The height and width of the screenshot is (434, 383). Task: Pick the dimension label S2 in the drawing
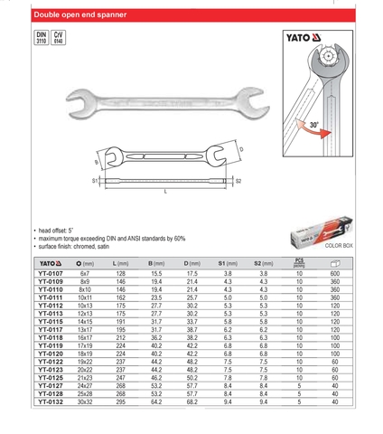tap(239, 181)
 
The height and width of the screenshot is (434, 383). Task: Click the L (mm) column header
tap(120, 263)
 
